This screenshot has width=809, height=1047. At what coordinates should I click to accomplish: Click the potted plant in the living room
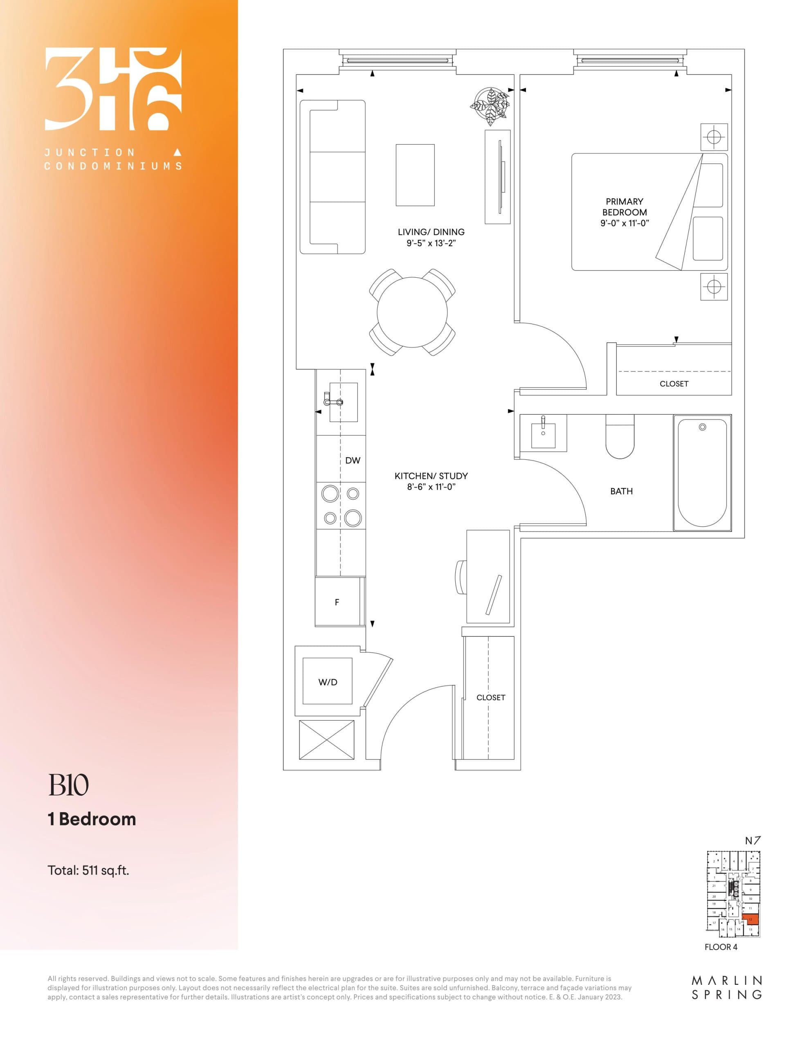pyautogui.click(x=489, y=106)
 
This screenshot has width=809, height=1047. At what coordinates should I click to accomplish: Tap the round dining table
pyautogui.click(x=412, y=312)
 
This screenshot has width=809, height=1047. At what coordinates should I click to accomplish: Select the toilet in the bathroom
pyautogui.click(x=620, y=437)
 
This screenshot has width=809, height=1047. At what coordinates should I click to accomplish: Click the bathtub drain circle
pyautogui.click(x=702, y=427)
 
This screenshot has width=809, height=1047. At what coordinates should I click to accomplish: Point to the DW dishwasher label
pyautogui.click(x=353, y=460)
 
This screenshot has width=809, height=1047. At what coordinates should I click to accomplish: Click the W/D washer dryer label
pyautogui.click(x=328, y=682)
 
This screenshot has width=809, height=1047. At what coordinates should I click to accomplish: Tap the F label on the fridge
pyautogui.click(x=337, y=602)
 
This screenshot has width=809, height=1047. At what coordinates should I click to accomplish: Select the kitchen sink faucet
pyautogui.click(x=333, y=400)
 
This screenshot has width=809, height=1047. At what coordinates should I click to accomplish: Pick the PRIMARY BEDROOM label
pyautogui.click(x=625, y=207)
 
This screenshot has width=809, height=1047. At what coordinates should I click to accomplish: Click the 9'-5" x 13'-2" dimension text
pyautogui.click(x=431, y=243)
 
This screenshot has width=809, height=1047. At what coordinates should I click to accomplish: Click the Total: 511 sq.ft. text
pyautogui.click(x=88, y=870)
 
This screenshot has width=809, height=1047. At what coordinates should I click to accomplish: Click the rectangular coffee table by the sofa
pyautogui.click(x=415, y=175)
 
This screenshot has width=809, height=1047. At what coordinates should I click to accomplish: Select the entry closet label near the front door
pyautogui.click(x=490, y=697)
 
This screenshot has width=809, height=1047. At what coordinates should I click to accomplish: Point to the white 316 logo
pyautogui.click(x=113, y=89)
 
